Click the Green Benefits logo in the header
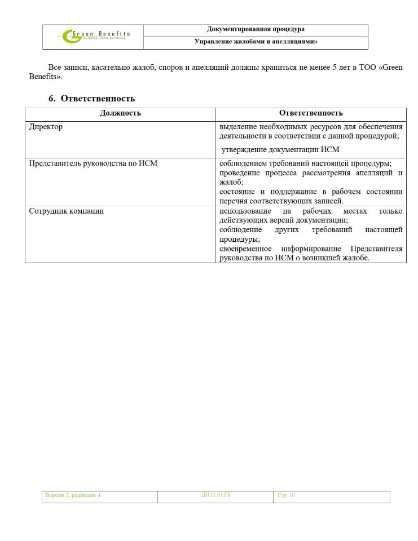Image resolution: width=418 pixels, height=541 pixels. (x=94, y=36)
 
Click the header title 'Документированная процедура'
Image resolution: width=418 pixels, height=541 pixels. (x=256, y=29)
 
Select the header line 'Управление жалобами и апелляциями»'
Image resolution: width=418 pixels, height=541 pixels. (x=256, y=42)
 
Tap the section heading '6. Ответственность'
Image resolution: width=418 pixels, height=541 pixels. (x=91, y=99)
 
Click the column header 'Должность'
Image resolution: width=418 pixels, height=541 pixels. (x=120, y=113)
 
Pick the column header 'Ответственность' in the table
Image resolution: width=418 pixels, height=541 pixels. (x=310, y=113)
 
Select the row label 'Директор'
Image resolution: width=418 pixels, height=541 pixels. (x=46, y=127)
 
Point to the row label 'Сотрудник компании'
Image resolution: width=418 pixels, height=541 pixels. (x=66, y=211)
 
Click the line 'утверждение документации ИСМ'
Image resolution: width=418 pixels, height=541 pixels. (x=280, y=149)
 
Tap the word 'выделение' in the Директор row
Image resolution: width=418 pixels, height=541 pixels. (x=237, y=127)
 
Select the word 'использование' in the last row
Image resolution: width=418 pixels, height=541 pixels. (x=243, y=211)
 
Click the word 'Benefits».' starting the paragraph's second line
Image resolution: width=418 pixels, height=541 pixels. (x=46, y=77)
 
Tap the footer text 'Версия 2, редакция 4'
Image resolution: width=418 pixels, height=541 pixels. (x=73, y=496)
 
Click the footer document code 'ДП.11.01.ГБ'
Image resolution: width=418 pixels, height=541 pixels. (x=216, y=495)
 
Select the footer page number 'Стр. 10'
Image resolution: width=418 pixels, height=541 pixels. (x=286, y=496)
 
